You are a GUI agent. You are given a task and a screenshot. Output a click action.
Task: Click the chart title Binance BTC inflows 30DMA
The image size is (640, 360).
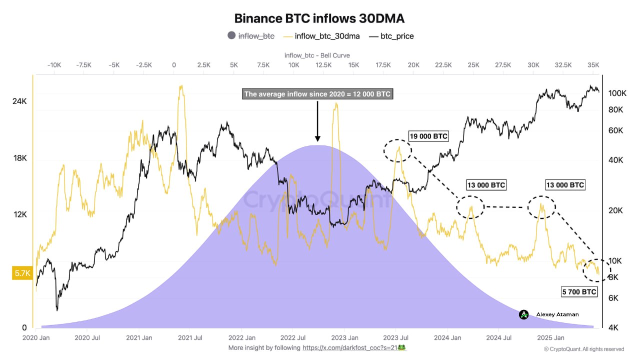point(319,18)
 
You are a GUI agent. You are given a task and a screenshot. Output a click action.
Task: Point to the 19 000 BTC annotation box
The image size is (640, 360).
point(428,136)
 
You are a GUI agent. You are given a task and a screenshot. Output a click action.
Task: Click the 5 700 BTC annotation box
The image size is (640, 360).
point(578,291)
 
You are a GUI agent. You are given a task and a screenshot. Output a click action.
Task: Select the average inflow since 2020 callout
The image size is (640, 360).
point(317,94)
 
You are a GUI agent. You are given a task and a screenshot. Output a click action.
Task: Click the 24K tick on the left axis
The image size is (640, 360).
point(19,101)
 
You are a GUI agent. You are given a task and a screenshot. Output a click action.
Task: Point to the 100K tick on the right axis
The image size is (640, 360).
point(617,93)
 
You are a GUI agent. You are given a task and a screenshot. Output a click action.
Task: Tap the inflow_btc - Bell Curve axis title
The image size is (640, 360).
point(317,55)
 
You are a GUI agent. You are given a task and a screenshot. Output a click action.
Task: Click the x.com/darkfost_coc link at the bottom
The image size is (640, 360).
point(353,347)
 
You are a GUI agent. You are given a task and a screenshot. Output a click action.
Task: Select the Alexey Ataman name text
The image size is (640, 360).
point(557,314)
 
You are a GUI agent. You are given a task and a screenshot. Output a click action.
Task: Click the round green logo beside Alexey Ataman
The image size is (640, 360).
point(523,314)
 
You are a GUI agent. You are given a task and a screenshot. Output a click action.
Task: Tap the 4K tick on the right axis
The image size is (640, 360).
point(615,328)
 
